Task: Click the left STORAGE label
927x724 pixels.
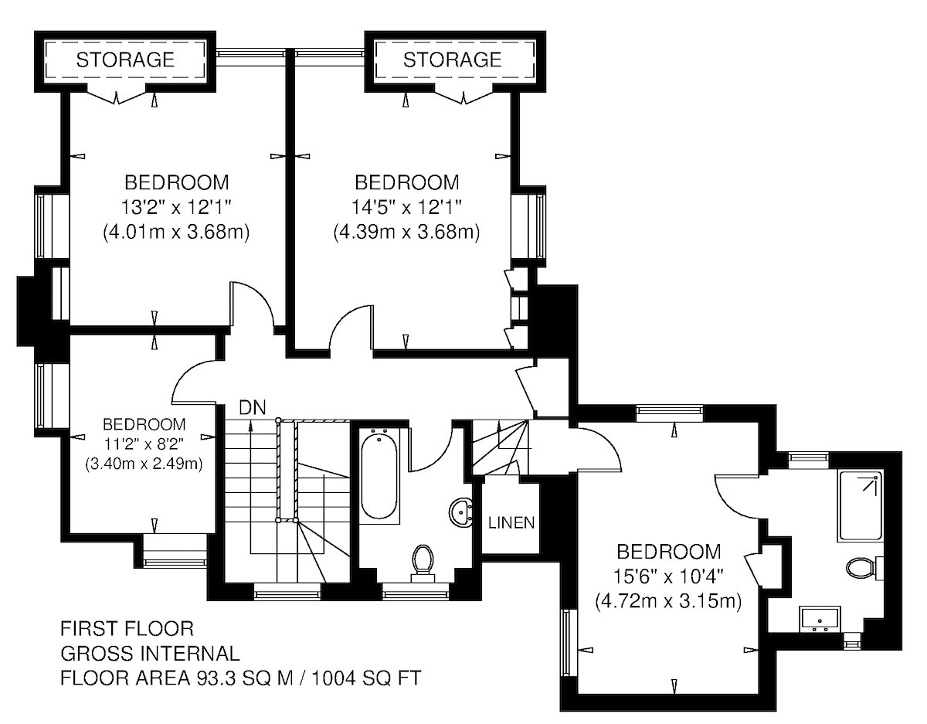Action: click(125, 59)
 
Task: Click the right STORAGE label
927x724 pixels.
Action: click(452, 59)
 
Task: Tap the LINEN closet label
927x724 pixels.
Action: click(511, 522)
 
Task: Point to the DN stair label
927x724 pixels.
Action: click(253, 408)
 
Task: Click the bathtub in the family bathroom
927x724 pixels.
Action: click(379, 476)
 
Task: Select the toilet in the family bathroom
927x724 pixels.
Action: click(423, 563)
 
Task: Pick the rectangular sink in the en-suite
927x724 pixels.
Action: click(820, 619)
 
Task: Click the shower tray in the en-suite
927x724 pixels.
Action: click(860, 506)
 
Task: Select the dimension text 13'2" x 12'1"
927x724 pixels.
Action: click(176, 208)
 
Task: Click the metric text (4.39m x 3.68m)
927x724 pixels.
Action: click(406, 233)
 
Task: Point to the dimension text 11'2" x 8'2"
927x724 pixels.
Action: click(144, 444)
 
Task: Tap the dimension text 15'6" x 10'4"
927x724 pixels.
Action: click(668, 577)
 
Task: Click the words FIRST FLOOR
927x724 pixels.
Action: click(127, 629)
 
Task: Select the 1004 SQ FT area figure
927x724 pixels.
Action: click(367, 678)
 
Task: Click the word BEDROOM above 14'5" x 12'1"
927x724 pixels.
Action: click(407, 182)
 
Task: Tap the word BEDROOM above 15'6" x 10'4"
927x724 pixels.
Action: click(669, 552)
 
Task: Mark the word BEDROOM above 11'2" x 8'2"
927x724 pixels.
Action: click(144, 424)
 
